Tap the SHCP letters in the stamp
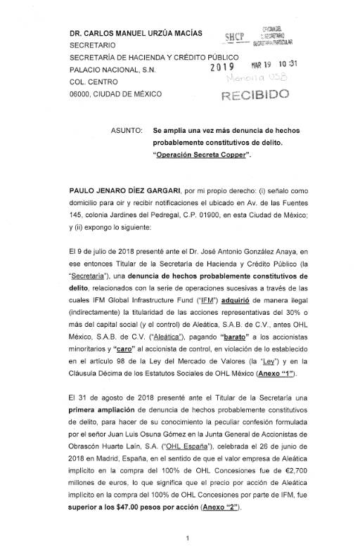(x=233, y=37)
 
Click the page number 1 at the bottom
(x=180, y=538)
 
